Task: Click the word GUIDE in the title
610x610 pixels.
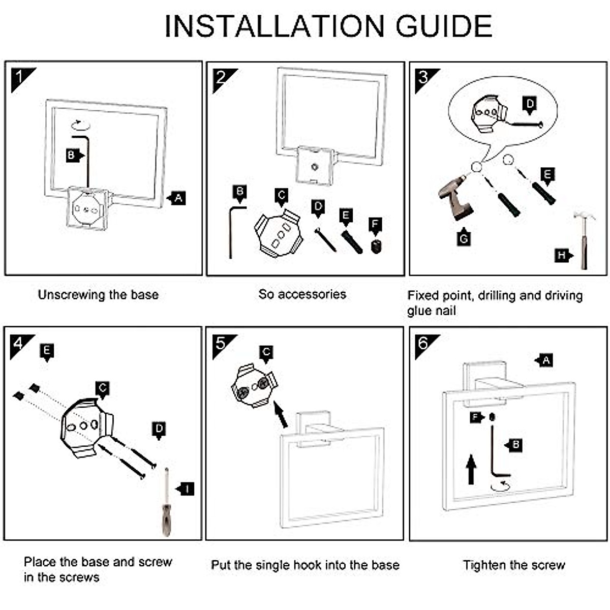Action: tap(444, 26)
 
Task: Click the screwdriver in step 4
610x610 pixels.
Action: tap(167, 502)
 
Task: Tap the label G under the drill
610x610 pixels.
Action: tap(464, 237)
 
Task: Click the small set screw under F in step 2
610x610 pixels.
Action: tap(376, 247)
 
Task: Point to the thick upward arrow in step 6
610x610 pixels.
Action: tap(471, 470)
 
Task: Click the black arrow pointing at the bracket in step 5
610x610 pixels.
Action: tap(281, 414)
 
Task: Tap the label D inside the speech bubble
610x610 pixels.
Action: tap(530, 105)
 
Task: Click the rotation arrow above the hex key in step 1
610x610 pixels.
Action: tap(80, 125)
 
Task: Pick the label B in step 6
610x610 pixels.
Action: tap(513, 445)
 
